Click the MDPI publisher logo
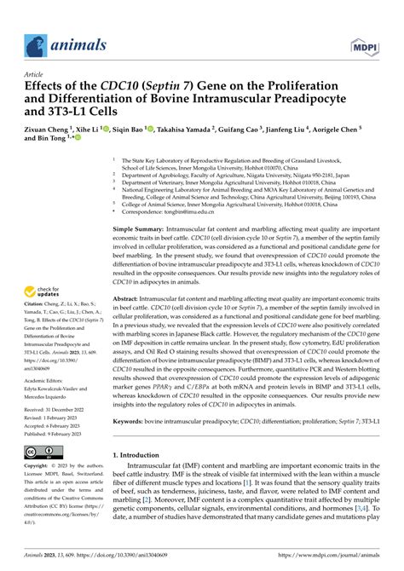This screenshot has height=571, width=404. (x=364, y=45)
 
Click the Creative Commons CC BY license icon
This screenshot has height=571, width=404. (x=39, y=451)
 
